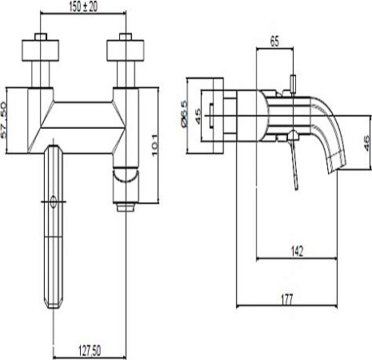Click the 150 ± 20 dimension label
point(83,6)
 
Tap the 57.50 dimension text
point(3,120)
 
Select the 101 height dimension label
point(154,146)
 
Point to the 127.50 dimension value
point(90,350)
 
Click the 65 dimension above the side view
point(274,42)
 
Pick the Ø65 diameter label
point(184,114)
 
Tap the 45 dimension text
point(198,116)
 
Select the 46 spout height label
point(367,143)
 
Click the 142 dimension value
point(297,251)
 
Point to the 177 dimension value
point(287,299)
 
